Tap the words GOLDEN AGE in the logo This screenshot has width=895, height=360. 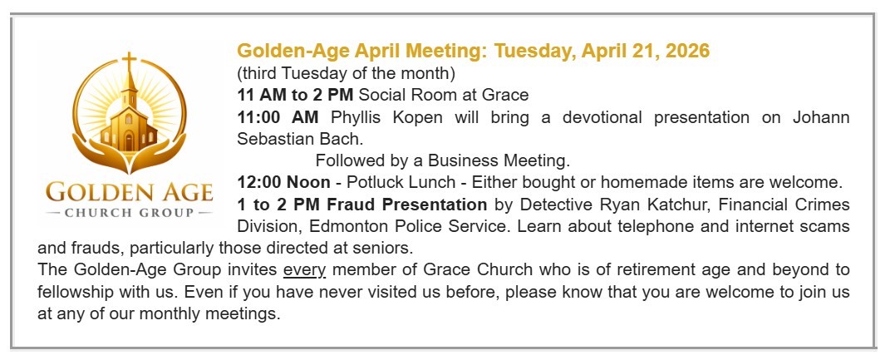coord(129,193)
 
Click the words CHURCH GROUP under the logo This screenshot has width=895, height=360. coord(129,213)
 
